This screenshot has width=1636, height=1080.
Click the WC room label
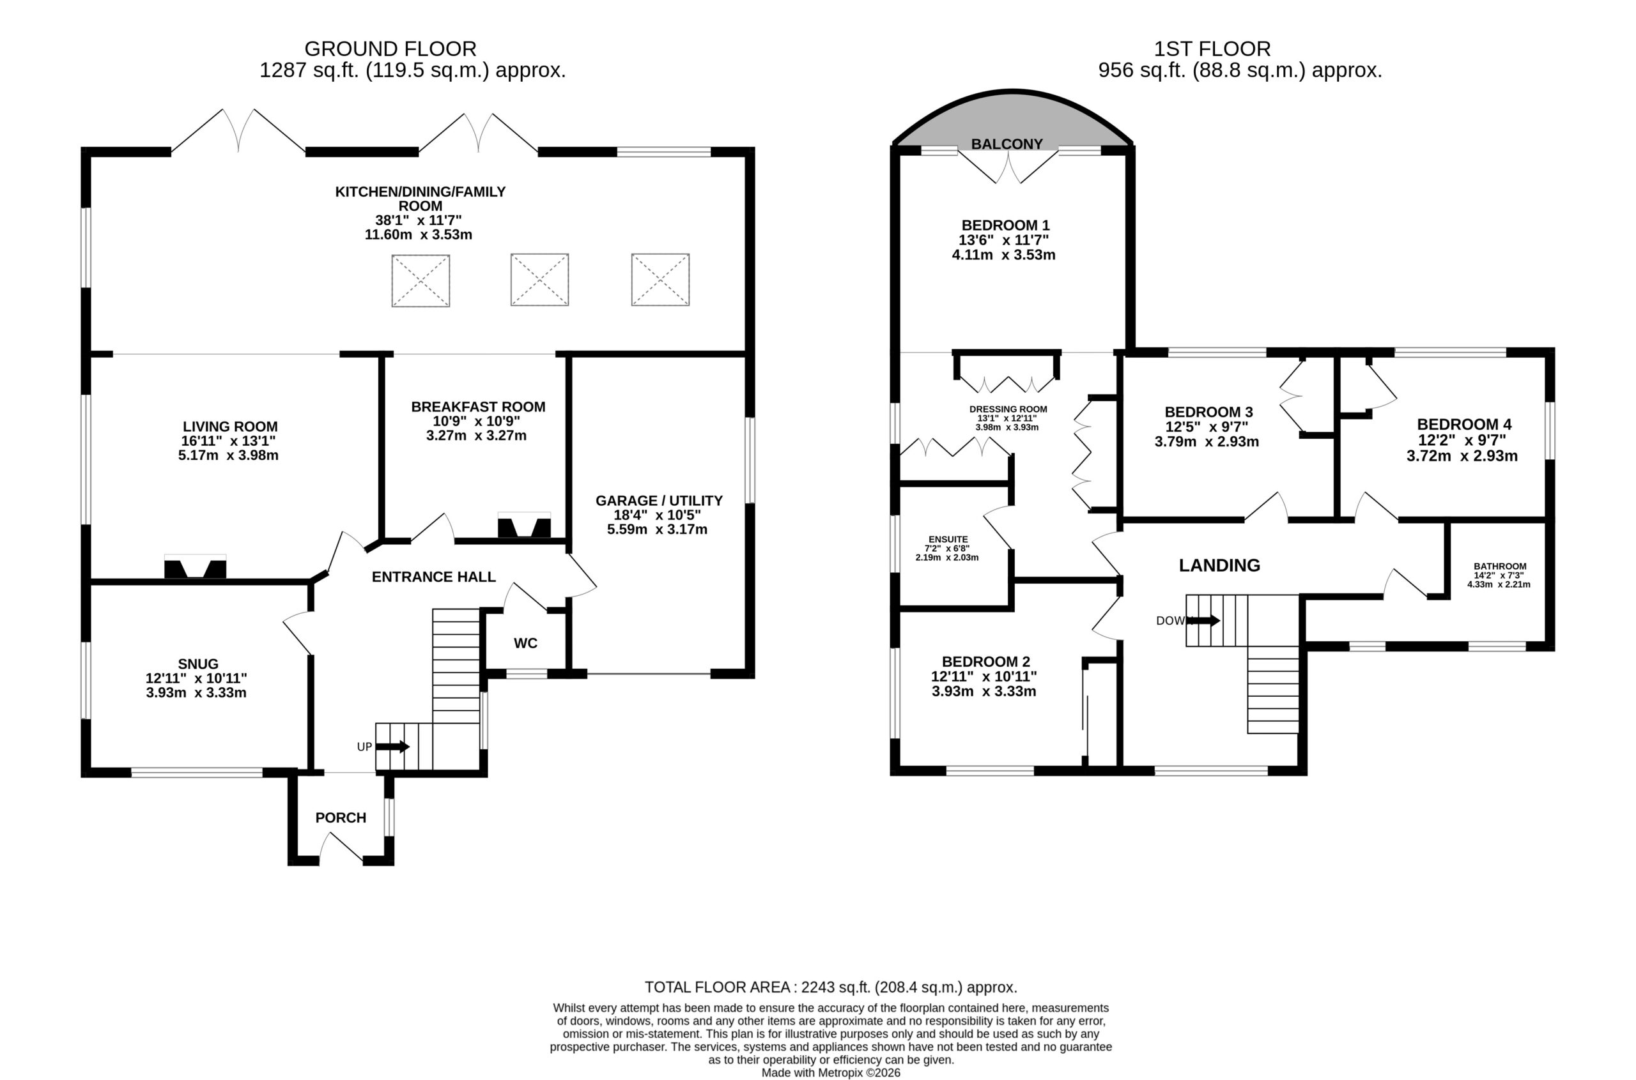click(525, 643)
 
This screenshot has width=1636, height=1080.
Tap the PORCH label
click(341, 818)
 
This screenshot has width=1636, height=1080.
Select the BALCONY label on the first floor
click(1007, 143)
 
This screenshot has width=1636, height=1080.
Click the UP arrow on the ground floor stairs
click(393, 747)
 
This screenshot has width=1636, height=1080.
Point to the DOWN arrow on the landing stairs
click(1203, 621)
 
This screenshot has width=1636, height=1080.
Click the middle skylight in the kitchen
click(539, 280)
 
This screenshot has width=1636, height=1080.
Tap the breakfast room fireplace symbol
click(525, 525)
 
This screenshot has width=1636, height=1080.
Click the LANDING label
click(1219, 565)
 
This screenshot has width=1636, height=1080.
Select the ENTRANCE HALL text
click(433, 577)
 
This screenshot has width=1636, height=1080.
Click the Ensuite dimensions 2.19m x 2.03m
click(947, 557)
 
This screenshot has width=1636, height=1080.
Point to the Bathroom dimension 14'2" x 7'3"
click(1499, 575)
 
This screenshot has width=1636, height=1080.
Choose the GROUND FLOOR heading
click(390, 49)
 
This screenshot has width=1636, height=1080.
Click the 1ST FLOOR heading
click(1212, 49)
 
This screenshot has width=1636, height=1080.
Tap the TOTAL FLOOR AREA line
click(830, 987)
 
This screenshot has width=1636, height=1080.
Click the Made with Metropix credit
click(831, 1072)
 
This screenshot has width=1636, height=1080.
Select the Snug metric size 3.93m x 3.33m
click(196, 693)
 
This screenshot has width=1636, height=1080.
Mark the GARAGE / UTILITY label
click(659, 501)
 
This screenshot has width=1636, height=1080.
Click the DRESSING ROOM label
click(1008, 409)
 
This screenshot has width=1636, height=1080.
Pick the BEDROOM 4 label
click(1463, 424)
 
